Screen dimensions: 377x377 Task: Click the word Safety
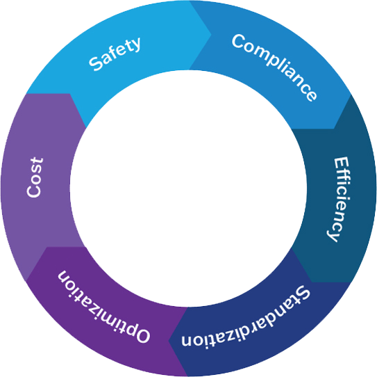pos(115,54)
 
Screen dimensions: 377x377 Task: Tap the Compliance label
pos(274,67)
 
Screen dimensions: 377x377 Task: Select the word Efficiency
pos(339,199)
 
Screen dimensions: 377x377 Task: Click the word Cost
pos(35,177)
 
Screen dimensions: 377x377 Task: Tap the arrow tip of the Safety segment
pos(211,35)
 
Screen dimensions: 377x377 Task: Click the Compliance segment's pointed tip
pos(334,129)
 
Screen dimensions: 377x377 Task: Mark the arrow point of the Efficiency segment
pos(312,282)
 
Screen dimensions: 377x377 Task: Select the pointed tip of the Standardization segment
pos(169,341)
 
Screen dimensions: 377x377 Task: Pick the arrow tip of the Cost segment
pos(69,94)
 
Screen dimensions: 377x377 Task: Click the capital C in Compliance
pos(239,42)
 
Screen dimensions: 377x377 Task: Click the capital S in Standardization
pos(303,294)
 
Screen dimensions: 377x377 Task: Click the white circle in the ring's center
pos(188,188)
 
